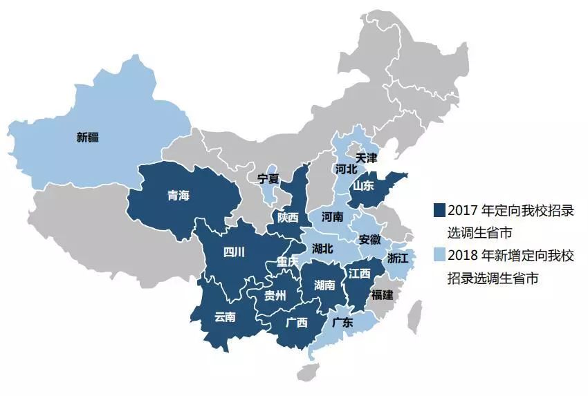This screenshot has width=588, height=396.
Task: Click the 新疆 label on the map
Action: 88,137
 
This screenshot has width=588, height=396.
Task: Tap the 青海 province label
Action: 178,196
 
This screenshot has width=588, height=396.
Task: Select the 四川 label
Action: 234,252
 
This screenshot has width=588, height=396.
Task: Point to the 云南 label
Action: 225,317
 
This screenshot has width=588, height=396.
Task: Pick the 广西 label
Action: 297,322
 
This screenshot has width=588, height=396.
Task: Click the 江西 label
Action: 360,273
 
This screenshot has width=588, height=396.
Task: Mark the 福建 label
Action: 382,294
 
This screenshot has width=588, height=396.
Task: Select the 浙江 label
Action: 398,258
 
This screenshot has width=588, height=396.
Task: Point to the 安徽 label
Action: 370,240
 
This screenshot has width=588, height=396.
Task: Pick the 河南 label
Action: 332,216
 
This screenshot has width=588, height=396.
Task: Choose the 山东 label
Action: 363,185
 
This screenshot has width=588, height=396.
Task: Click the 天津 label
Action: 366,158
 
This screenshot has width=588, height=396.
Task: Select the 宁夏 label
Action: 268,178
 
